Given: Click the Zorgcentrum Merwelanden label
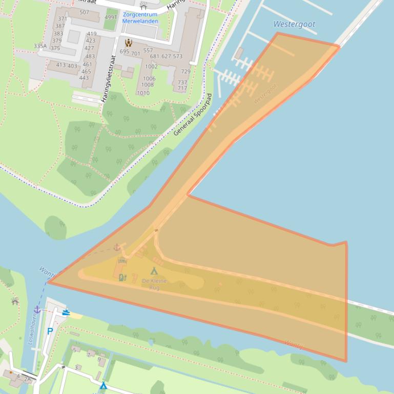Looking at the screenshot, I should [x=140, y=18].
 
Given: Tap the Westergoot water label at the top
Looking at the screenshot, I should [x=294, y=24].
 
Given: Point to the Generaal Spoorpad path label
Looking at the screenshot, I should [x=193, y=115].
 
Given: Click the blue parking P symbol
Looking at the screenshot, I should [x=50, y=331].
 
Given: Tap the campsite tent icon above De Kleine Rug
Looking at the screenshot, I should [x=154, y=271].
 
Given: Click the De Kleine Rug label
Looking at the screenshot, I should [x=154, y=284].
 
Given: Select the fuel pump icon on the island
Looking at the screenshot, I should [x=122, y=277].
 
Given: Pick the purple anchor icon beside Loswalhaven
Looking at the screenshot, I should [x=37, y=310].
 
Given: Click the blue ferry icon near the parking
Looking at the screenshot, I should [x=66, y=312].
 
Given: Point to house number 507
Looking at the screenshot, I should [x=84, y=12].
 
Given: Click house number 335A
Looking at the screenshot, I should [x=40, y=46].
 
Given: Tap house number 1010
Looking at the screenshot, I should [x=143, y=93].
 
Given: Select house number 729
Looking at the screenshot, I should [x=185, y=72].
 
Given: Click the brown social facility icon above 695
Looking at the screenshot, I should [x=128, y=43].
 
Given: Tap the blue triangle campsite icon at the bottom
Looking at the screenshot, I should [x=103, y=385].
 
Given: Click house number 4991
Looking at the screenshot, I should [x=111, y=17].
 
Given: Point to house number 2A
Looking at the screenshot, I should [x=27, y=379].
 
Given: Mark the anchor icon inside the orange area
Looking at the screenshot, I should [x=117, y=247].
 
